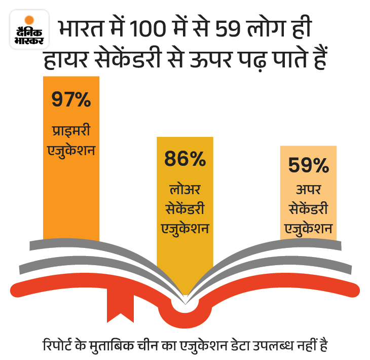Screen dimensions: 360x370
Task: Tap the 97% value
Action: click(71, 99)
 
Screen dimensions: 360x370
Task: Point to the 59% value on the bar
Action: click(308, 166)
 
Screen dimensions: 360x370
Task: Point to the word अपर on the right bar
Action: click(308, 191)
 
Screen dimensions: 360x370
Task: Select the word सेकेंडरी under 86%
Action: click(184, 209)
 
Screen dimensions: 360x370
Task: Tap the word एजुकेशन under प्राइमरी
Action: click(71, 150)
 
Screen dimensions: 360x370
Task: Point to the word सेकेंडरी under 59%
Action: click(308, 209)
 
